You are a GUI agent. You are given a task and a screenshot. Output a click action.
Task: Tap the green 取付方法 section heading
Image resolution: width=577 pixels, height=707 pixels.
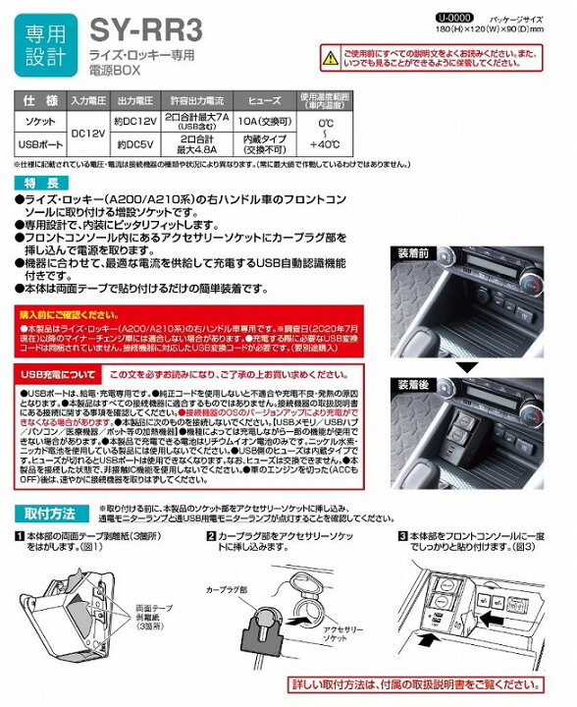coord(47,517)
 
